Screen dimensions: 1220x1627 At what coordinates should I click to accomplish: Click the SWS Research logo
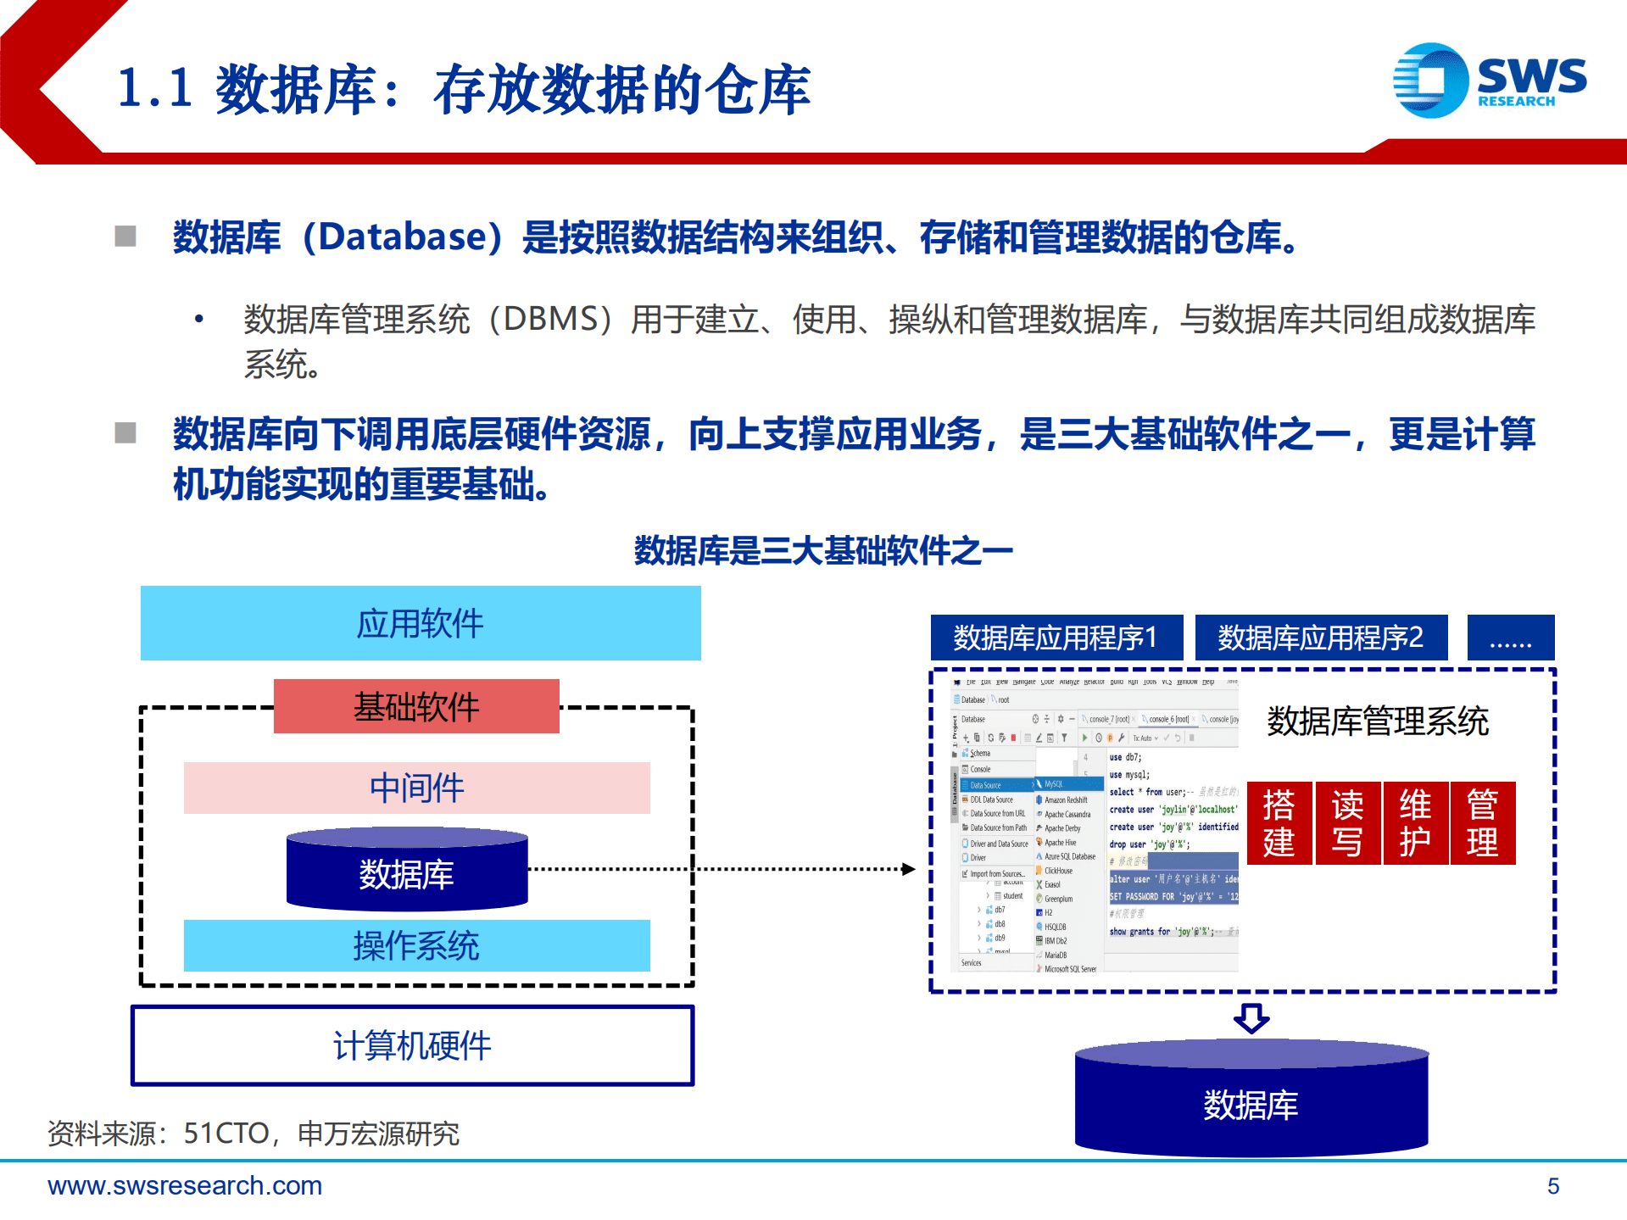(1490, 81)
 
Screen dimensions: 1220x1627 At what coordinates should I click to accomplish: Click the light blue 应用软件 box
(421, 623)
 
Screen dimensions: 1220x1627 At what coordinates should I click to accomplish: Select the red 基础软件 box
(416, 706)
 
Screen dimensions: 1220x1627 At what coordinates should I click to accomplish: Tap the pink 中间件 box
(416, 788)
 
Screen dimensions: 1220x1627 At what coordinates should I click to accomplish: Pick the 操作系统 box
(416, 945)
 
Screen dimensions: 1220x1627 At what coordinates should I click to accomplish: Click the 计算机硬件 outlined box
(412, 1045)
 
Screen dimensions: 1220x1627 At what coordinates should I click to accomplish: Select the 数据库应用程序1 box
(1056, 638)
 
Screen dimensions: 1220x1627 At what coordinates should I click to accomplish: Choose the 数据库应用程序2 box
(1321, 638)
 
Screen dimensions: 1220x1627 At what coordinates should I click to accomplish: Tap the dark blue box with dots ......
(1511, 638)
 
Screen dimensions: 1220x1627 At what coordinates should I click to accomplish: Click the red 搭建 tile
(1279, 823)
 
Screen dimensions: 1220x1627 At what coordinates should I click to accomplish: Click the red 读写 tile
(1347, 823)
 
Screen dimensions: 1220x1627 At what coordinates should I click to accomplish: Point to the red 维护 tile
(1415, 823)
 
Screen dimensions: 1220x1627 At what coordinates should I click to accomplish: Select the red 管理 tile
(1483, 823)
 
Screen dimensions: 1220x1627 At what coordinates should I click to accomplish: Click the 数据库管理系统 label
(1378, 721)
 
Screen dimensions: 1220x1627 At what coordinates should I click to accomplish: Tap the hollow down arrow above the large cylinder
(1251, 1017)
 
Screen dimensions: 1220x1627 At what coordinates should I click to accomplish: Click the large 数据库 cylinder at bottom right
(1251, 1105)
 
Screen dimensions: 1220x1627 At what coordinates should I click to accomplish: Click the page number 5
(1553, 1186)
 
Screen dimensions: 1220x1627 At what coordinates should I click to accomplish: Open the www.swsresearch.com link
(185, 1185)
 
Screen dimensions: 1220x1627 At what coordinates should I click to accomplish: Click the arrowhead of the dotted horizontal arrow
(909, 869)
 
